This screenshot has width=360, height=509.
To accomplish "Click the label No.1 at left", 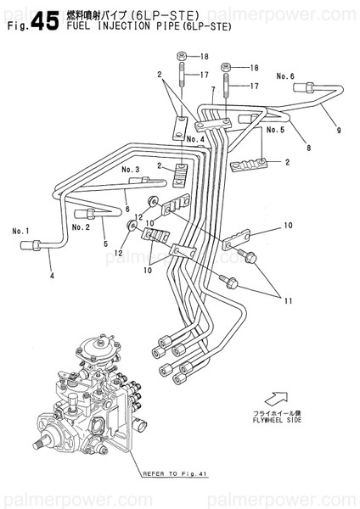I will click(x=20, y=230).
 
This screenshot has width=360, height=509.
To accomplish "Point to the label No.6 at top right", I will click(x=285, y=76).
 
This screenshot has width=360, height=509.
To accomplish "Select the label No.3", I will click(x=130, y=170).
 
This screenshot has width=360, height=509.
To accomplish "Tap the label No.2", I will click(x=81, y=227).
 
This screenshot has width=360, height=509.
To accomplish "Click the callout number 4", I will click(x=51, y=275).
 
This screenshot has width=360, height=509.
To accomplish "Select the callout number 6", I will click(x=127, y=209).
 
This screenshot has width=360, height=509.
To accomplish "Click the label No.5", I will click(x=274, y=131).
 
